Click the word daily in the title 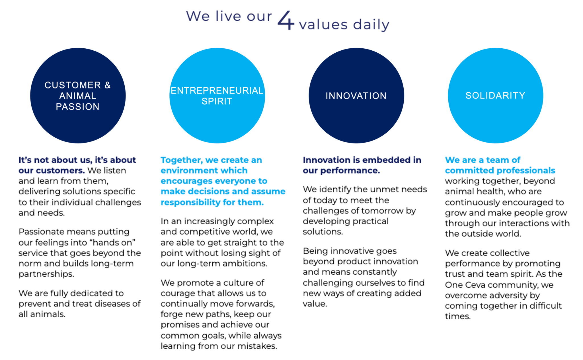371,25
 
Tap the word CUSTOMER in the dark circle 73,85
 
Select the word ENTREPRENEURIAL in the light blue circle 217,90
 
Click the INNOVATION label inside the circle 356,96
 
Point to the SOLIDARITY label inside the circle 495,96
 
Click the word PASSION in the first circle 78,107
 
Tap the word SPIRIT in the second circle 217,101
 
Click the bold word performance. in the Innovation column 350,171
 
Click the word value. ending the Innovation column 315,304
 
